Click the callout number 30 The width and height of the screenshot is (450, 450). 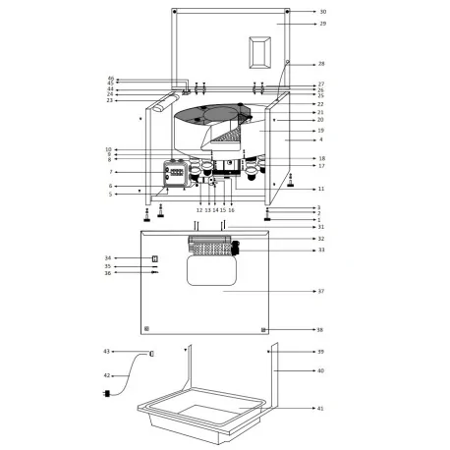(321, 12)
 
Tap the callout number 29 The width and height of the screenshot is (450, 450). (321, 23)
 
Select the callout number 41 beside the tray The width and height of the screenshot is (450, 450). (320, 408)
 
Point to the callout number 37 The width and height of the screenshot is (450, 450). (320, 292)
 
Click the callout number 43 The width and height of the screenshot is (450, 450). (106, 351)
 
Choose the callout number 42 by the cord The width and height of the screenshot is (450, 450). (106, 374)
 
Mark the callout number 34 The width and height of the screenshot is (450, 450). (107, 258)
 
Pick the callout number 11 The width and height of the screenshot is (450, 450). (320, 188)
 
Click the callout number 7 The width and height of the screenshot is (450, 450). (110, 172)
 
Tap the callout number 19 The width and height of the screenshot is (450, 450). (320, 130)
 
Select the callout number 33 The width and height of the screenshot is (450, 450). (320, 251)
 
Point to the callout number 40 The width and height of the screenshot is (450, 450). (320, 370)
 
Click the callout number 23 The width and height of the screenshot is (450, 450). (110, 100)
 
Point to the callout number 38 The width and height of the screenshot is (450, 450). (320, 330)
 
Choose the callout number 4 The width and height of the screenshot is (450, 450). (320, 140)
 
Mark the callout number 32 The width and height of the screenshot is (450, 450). (320, 239)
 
